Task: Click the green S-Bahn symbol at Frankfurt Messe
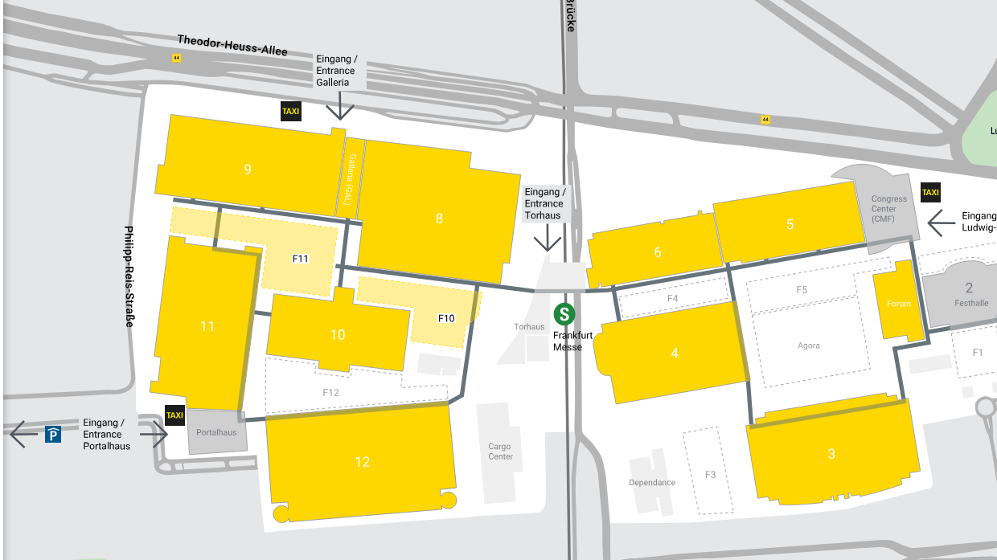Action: click(x=565, y=314)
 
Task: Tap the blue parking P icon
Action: click(x=53, y=435)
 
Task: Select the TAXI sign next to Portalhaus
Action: click(x=174, y=415)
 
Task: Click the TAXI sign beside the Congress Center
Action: click(x=930, y=192)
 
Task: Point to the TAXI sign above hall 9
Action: click(x=290, y=111)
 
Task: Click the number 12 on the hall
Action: click(x=363, y=461)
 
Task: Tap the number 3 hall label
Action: click(x=831, y=454)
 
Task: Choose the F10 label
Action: click(x=446, y=318)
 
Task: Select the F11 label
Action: click(x=301, y=258)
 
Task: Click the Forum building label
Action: click(x=899, y=304)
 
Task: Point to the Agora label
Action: click(x=809, y=345)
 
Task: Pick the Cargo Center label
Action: click(x=500, y=452)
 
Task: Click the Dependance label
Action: click(x=652, y=483)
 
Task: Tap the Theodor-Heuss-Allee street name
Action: click(x=232, y=45)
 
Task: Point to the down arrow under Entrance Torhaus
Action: click(x=548, y=239)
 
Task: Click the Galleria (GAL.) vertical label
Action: click(x=351, y=178)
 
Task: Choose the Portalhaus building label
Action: click(x=216, y=432)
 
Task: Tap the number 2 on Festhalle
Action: click(x=969, y=288)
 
